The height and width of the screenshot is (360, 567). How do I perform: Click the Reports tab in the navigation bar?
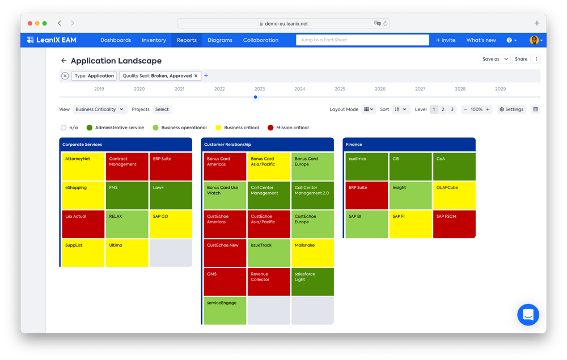[x=187, y=40]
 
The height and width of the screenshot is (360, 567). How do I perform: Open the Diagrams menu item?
[x=220, y=40]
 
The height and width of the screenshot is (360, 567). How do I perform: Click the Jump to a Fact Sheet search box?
[x=362, y=40]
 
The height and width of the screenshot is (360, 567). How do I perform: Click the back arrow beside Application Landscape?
[x=64, y=61]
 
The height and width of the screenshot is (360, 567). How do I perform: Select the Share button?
[x=521, y=59]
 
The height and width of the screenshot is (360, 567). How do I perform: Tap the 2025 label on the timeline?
[x=340, y=89]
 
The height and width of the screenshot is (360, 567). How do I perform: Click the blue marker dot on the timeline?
[x=256, y=97]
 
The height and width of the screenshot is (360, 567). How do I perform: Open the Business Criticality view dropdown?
[x=99, y=109]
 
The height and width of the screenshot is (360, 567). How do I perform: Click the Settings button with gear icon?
[x=511, y=109]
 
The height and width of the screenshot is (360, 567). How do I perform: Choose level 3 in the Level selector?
[x=452, y=109]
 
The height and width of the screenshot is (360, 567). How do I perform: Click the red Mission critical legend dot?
[x=270, y=128]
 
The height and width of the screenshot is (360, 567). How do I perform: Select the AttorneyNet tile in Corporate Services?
[x=83, y=167]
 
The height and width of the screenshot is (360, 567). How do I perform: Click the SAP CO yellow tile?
[x=171, y=224]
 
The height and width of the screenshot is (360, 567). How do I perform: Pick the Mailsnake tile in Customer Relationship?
[x=312, y=253]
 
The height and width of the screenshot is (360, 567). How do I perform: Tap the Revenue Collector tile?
[x=269, y=282]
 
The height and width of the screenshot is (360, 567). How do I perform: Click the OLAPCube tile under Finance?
[x=454, y=195]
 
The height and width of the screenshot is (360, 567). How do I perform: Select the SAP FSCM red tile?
[x=454, y=224]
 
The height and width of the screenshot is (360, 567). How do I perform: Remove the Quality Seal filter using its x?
[x=196, y=75]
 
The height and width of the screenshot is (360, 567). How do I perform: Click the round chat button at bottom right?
[x=528, y=315]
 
